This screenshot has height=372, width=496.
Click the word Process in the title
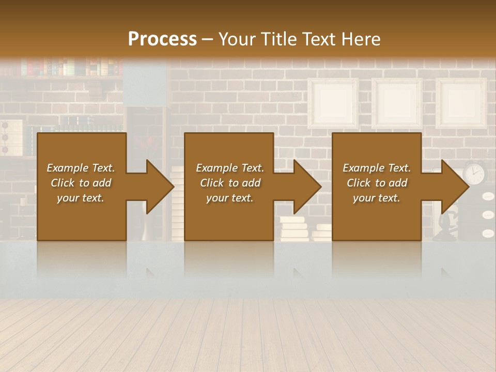tap(162, 39)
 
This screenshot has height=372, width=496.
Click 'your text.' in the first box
tap(81, 198)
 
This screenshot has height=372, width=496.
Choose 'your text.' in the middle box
tap(230, 198)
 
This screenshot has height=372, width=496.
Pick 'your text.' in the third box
tap(377, 198)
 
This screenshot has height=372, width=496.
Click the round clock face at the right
tap(474, 173)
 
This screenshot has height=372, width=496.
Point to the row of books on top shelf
tap(67, 67)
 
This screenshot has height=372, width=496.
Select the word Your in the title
tap(237, 39)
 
